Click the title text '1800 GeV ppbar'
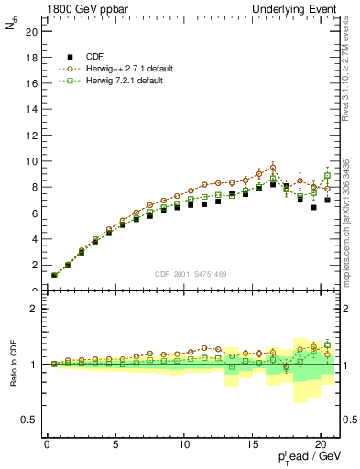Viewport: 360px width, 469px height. click(83, 8)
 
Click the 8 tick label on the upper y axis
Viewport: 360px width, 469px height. click(34, 187)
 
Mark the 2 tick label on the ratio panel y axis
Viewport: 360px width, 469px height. click(34, 309)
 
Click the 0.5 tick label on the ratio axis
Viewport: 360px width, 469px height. click(30, 420)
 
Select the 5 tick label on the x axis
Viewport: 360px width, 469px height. click(115, 445)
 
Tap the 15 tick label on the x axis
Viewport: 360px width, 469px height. click(252, 445)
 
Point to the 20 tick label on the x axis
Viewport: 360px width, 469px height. click(320, 445)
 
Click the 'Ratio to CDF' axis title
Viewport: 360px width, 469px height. click(14, 364)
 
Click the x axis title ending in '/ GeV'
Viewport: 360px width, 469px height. click(311, 456)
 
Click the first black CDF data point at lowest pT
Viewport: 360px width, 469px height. click(54, 275)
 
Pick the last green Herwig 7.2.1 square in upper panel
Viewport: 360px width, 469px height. click(327, 175)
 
